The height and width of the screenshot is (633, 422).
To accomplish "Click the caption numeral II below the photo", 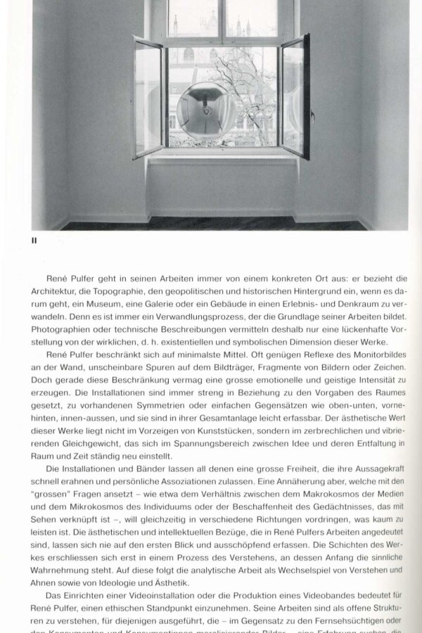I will (34, 241).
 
